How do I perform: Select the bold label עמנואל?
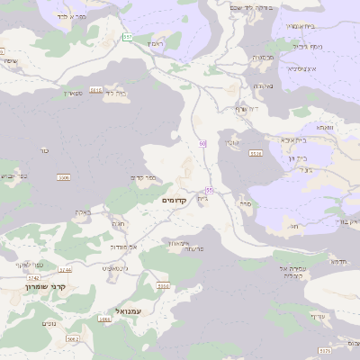(118, 309)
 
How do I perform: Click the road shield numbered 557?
(128, 37)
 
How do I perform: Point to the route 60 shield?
(203, 144)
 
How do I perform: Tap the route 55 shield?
(209, 190)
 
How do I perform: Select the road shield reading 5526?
(256, 155)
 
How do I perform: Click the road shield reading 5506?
(64, 178)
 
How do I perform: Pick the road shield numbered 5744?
(64, 269)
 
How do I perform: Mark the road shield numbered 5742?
(34, 278)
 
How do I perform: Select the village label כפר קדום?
(145, 177)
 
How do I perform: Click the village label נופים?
(50, 324)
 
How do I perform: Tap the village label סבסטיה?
(263, 57)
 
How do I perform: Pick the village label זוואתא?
(325, 129)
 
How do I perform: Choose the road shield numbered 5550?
(163, 286)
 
